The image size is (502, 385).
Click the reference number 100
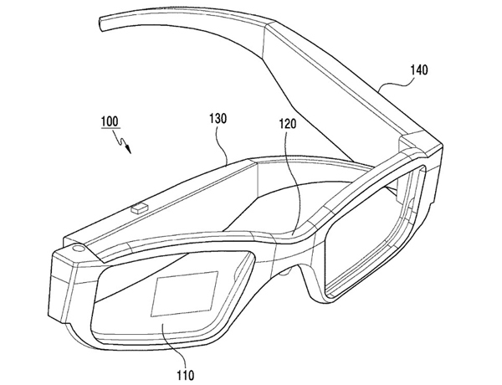110,121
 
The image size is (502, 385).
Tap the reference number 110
186,375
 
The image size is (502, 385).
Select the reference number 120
288,123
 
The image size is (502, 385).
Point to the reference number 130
218,118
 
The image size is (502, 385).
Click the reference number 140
419,69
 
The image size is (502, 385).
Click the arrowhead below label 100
129,149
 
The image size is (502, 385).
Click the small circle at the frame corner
78,249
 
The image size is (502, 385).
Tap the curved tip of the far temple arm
102,25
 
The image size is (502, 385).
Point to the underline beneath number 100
110,128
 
